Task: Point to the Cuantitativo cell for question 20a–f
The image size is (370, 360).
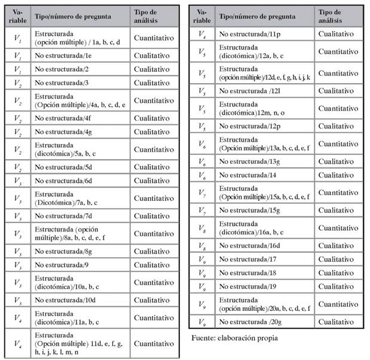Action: click(x=341, y=304)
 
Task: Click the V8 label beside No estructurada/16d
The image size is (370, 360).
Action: click(x=202, y=246)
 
